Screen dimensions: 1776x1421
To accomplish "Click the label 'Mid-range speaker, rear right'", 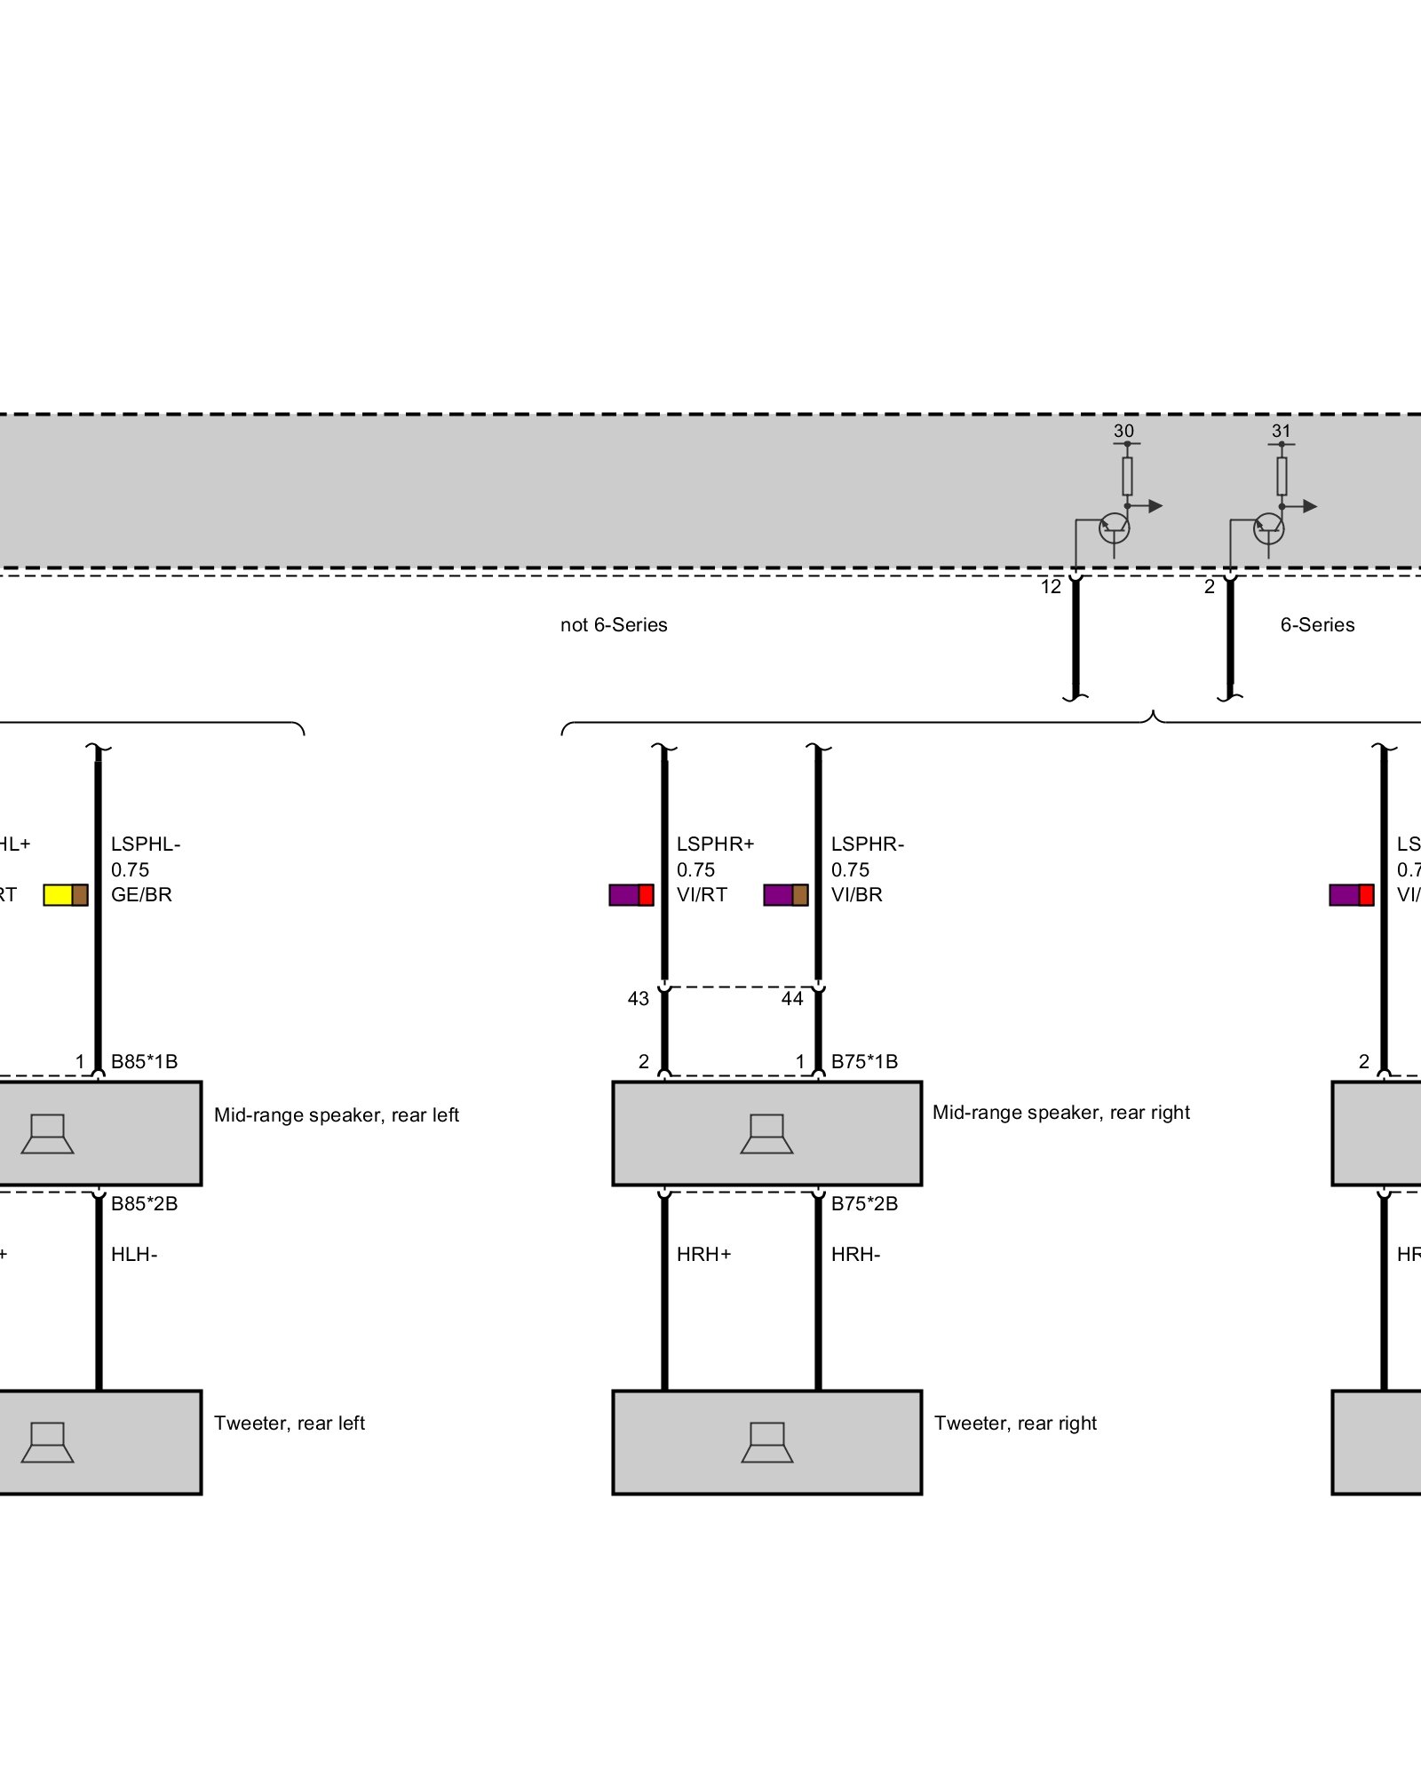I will coord(1060,1113).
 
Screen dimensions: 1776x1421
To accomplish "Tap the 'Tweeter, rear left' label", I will coord(290,1423).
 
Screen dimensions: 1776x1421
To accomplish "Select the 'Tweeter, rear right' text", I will coord(1015,1423).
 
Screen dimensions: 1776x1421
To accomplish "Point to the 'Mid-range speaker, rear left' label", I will coord(337,1115).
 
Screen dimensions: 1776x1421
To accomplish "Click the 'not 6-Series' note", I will coord(614,625).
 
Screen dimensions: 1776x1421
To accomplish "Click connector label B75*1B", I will coord(864,1062).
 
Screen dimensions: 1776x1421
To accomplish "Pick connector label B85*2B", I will coord(144,1204).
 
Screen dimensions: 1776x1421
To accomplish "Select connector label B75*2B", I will coord(864,1204).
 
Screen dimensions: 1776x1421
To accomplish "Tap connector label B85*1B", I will coord(144,1062).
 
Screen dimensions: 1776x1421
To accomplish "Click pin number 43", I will coord(638,999).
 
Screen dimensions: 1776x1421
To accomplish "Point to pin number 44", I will coord(792,999).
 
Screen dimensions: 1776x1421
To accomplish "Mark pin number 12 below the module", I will coord(1051,587).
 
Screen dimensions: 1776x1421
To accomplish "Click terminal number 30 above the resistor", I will coord(1123,432).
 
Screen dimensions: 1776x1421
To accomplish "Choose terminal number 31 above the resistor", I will coord(1281,432).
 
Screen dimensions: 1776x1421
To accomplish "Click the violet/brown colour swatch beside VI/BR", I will coord(786,895).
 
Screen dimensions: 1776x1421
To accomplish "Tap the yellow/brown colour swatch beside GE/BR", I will coord(66,895).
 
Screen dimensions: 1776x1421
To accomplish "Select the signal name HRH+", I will coord(703,1255).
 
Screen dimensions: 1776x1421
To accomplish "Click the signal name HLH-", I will coord(134,1255).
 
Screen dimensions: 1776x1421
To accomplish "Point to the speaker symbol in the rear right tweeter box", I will coord(767,1443).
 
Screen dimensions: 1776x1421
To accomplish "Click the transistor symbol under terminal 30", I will coord(1115,529).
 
